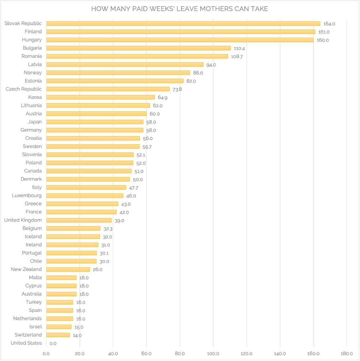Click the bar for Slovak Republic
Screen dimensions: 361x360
coord(183,23)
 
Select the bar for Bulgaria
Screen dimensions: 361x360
coord(138,48)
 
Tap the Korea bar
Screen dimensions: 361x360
coord(100,97)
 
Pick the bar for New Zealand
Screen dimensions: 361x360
coord(68,269)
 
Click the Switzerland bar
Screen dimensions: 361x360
coord(58,335)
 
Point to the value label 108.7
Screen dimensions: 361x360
coord(237,57)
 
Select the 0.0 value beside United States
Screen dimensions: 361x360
coord(53,343)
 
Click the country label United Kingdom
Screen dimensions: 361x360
coord(23,220)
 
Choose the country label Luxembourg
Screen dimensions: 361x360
coord(27,195)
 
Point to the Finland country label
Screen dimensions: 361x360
coord(33,32)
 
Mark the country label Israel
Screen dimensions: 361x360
coord(35,327)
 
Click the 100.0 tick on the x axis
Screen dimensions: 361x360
coord(213,353)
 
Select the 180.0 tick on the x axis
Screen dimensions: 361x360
coord(346,353)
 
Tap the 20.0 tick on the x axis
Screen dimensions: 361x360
coord(80,353)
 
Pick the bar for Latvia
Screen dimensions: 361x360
coord(125,65)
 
